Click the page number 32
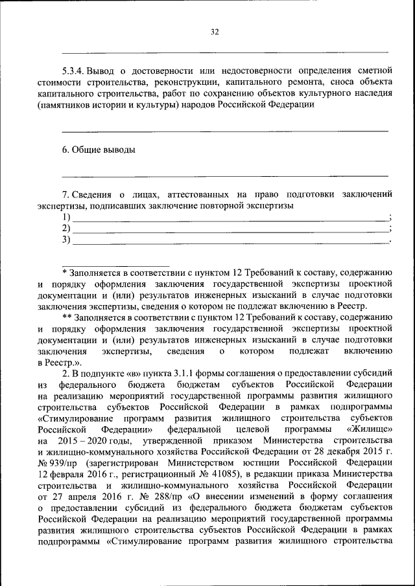215,31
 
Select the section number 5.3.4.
72,71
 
